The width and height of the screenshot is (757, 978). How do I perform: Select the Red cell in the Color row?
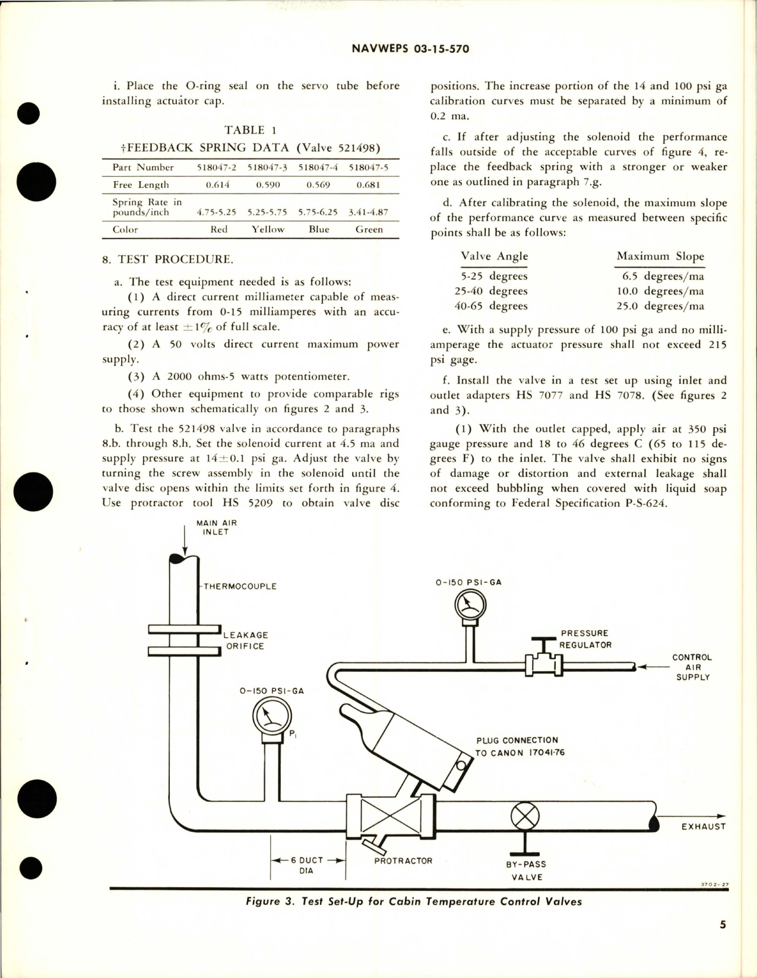click(x=219, y=230)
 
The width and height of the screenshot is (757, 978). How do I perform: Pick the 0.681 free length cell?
click(x=368, y=185)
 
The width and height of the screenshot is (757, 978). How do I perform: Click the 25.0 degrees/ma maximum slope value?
click(x=660, y=306)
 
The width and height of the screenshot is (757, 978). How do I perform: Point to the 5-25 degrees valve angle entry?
click(x=494, y=276)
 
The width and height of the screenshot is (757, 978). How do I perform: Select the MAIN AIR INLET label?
click(x=216, y=528)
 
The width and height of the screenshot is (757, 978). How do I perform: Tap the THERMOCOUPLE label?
click(x=240, y=586)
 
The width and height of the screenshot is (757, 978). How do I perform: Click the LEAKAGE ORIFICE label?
click(x=245, y=640)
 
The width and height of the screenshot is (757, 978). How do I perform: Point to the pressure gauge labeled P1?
click(x=271, y=715)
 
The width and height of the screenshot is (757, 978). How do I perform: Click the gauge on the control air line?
click(x=470, y=605)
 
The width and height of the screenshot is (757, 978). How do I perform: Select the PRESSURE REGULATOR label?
click(x=585, y=639)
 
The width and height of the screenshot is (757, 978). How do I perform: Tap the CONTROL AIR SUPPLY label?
click(x=692, y=667)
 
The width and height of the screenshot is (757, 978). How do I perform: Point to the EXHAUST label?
click(x=703, y=826)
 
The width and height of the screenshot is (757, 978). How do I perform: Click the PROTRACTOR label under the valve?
click(x=403, y=861)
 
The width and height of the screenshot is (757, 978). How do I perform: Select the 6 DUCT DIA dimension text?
click(x=306, y=865)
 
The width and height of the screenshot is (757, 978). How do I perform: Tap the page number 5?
click(x=723, y=941)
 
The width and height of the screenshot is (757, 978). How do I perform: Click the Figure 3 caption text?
click(x=414, y=901)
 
